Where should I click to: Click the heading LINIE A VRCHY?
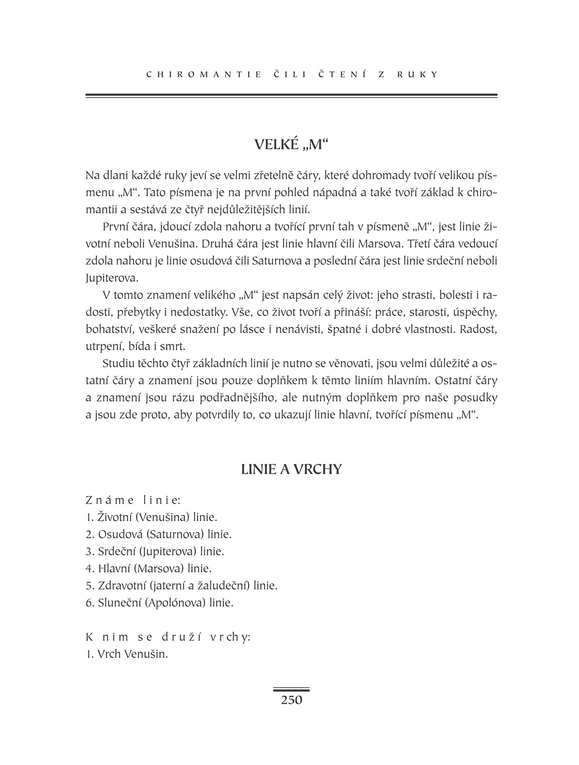click(291, 469)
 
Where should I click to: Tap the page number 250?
click(291, 700)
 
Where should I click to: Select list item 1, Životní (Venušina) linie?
click(152, 517)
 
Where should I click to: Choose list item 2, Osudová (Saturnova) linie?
click(158, 534)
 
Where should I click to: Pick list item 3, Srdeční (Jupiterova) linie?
click(155, 551)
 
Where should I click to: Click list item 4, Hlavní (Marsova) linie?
click(149, 568)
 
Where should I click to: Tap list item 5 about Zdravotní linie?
click(182, 585)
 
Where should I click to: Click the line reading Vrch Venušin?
click(127, 654)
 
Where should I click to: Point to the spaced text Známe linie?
click(133, 500)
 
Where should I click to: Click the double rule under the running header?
click(291, 96)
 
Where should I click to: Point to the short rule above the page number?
click(291, 690)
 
